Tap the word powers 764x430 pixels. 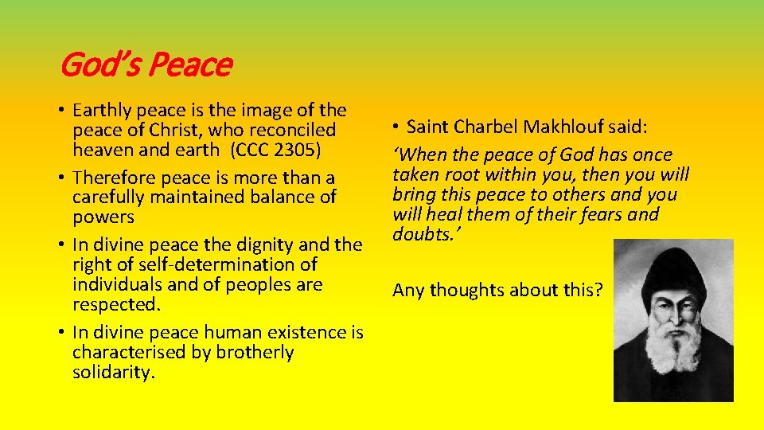(103, 216)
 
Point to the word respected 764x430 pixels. (111, 304)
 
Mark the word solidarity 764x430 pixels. (112, 372)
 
